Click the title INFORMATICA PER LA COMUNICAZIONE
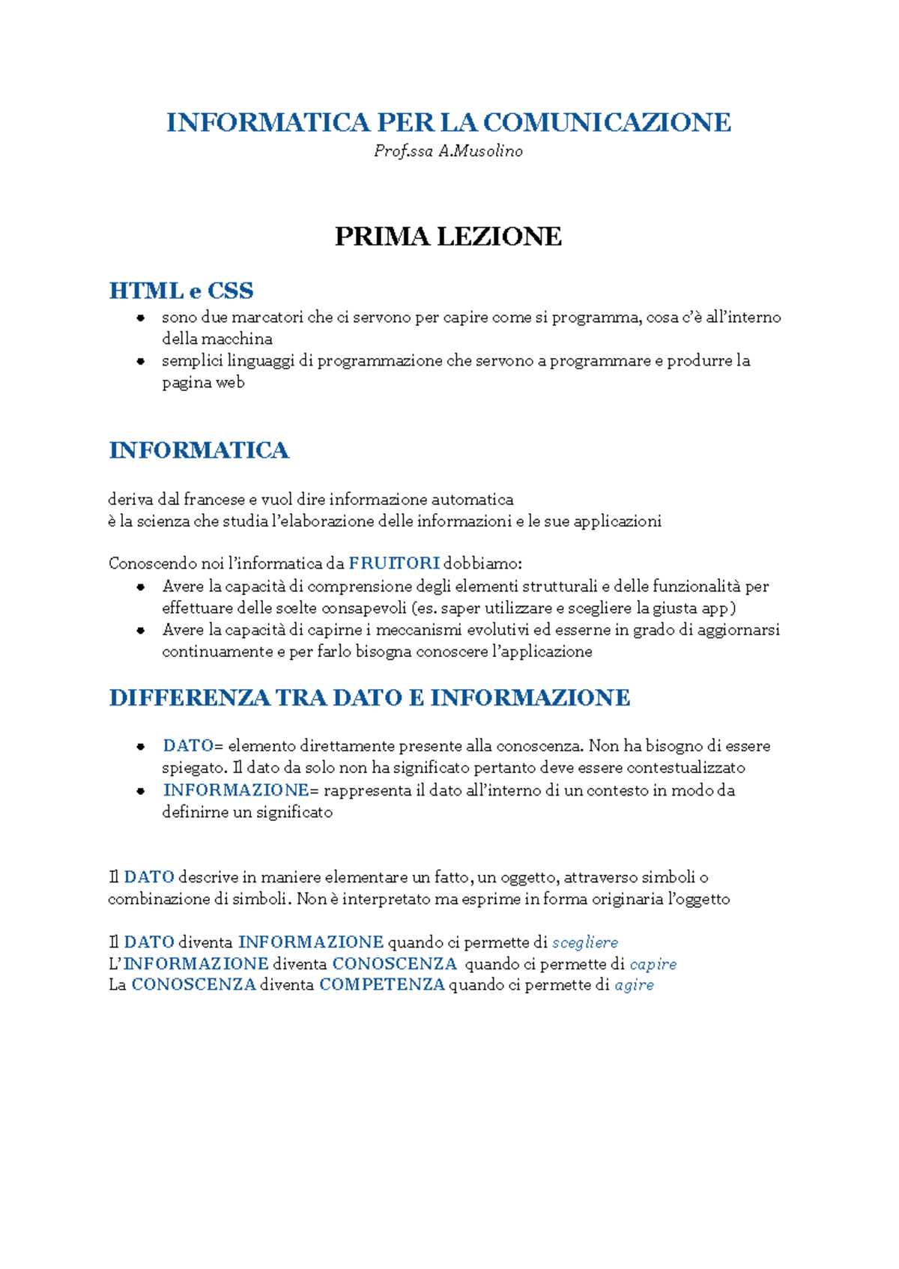tap(448, 122)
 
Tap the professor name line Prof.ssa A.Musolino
tap(448, 151)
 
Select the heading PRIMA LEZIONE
tap(448, 237)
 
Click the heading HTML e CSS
tap(181, 291)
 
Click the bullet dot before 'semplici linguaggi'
tap(140, 361)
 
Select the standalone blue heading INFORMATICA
tap(199, 450)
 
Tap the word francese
tap(214, 500)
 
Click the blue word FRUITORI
tap(394, 563)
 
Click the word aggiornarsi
tap(738, 630)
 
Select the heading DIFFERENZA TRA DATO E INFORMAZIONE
tap(369, 698)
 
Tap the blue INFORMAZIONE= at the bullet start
tap(236, 790)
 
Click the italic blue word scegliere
tap(585, 942)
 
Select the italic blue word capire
tap(653, 964)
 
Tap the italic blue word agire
tap(634, 985)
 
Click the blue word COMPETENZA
tap(382, 985)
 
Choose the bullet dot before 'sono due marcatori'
tap(140, 318)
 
